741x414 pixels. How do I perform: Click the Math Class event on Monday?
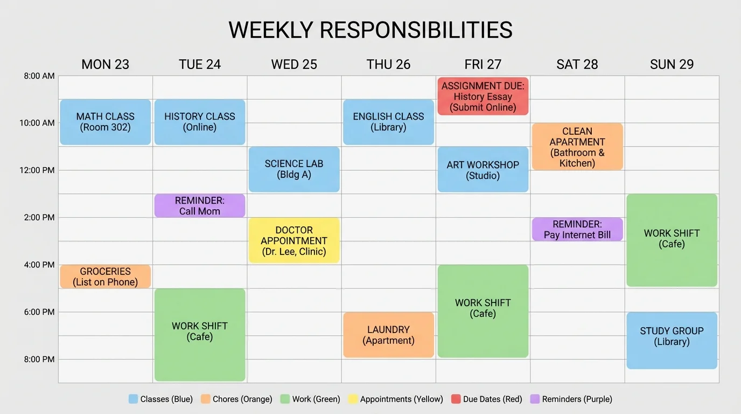point(105,122)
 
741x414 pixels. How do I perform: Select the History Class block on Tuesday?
point(200,122)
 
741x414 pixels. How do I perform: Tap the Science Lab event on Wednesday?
point(294,169)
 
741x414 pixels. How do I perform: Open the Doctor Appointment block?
point(294,240)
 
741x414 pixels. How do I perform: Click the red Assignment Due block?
point(483,96)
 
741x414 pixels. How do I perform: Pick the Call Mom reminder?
point(200,206)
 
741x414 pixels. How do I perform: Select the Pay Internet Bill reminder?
point(577,229)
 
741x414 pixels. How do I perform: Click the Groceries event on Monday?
point(105,277)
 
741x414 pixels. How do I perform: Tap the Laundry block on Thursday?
point(388,335)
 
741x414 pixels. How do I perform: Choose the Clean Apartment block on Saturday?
point(577,147)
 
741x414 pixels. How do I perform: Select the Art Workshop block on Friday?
point(483,169)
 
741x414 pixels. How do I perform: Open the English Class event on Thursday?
point(388,122)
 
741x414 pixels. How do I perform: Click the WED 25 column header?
point(294,65)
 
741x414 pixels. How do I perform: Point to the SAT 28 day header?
point(577,65)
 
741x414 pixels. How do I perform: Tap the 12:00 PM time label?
point(37,170)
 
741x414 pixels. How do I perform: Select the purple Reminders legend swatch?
point(535,399)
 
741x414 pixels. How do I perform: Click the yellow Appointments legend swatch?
point(353,399)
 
